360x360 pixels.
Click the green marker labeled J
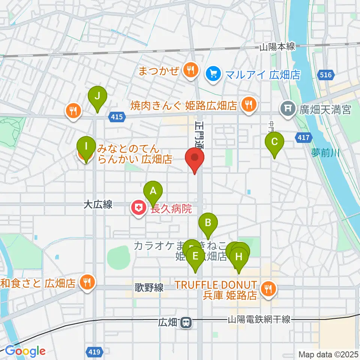click(x=97, y=97)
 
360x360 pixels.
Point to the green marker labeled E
click(x=195, y=257)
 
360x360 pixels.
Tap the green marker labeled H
click(x=239, y=258)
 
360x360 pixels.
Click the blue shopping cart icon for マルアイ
click(x=214, y=73)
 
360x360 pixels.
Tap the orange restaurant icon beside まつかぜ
click(x=190, y=70)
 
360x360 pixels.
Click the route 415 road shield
click(x=117, y=117)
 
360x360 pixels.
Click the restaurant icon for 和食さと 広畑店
click(x=87, y=283)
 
